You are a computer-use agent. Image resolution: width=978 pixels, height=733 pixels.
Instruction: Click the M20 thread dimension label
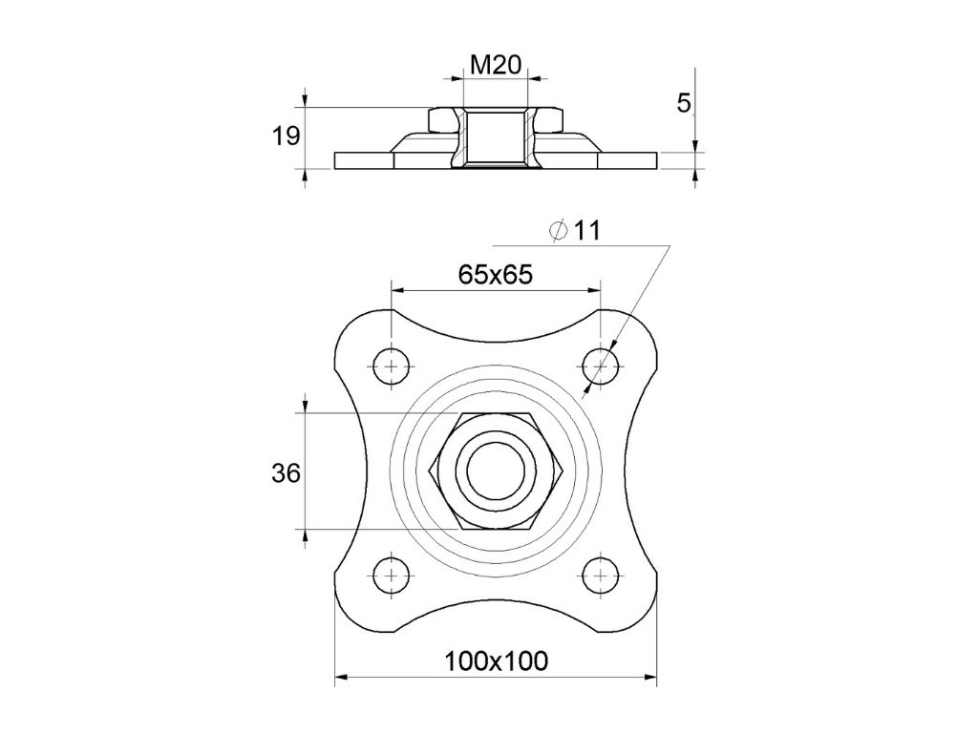[496, 64]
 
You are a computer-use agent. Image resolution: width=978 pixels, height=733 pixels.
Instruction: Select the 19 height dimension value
[286, 136]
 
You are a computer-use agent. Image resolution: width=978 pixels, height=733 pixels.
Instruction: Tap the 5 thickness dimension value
[684, 103]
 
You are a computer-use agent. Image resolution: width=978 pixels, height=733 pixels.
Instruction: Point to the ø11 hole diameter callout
[574, 231]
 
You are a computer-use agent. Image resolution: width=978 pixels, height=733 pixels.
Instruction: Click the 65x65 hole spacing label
[496, 274]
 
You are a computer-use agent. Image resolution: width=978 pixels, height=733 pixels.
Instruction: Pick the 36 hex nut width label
[286, 473]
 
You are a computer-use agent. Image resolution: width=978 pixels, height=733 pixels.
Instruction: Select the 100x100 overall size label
[496, 660]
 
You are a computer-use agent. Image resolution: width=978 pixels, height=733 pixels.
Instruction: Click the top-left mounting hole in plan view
[392, 366]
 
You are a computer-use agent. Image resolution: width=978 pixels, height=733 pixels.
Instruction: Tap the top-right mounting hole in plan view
[600, 366]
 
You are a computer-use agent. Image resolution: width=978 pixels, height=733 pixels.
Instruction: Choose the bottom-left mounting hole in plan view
[392, 575]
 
